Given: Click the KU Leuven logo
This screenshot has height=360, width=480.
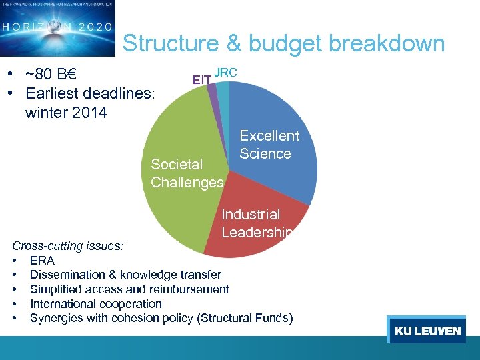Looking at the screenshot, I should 427,331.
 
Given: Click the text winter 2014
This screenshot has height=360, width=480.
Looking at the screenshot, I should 65,113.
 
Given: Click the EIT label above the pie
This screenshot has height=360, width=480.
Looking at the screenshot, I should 202,80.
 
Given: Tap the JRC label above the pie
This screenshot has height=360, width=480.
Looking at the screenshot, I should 225,72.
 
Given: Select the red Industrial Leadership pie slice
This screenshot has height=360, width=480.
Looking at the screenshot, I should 260,233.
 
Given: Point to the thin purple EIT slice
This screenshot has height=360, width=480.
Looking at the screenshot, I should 213,93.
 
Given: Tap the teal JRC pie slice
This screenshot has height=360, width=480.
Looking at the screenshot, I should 224,93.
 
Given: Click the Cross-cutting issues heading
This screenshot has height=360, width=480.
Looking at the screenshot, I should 67,245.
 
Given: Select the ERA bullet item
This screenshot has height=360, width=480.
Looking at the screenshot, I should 42,260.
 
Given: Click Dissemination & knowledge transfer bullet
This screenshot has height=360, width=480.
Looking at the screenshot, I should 125,275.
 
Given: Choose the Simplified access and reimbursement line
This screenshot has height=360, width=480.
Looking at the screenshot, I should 129,289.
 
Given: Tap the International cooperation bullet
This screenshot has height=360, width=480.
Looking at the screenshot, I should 96,303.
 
